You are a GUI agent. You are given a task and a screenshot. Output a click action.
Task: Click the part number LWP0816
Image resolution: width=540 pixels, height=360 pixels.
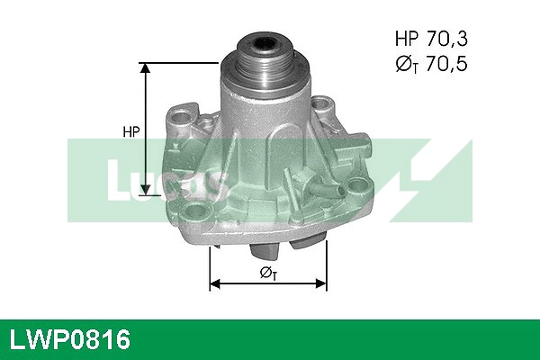point(70,339)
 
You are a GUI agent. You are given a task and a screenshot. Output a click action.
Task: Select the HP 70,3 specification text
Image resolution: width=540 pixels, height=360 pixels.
point(432,39)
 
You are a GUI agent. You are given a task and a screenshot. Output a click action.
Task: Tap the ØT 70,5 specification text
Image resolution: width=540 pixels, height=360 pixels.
point(432,64)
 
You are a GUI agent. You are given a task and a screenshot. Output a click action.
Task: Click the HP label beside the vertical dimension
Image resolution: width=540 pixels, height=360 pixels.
point(130,132)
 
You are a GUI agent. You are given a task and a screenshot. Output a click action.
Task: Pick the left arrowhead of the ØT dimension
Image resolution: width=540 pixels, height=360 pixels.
point(214,284)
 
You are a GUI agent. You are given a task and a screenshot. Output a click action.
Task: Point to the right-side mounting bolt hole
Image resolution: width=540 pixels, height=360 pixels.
point(361,187)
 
